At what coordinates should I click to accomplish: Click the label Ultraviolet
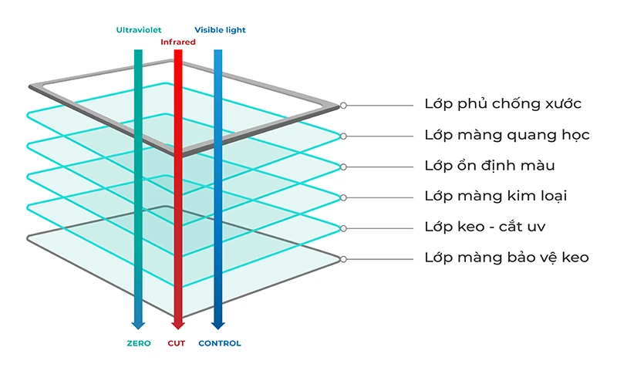[x=138, y=30]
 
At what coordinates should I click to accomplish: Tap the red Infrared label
[x=177, y=42]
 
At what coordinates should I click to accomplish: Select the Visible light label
[x=220, y=30]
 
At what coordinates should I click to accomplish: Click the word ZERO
[x=139, y=343]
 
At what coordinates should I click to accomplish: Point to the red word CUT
[x=177, y=343]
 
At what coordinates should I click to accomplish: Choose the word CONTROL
[x=220, y=343]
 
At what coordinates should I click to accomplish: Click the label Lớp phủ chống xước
[x=503, y=104]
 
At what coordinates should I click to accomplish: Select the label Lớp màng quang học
[x=507, y=136]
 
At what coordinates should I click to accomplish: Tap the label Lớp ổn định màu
[x=490, y=166]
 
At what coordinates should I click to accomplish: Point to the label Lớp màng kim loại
[x=496, y=197]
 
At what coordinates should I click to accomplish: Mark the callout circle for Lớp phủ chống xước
[x=343, y=105]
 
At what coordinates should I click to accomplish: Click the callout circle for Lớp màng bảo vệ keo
[x=343, y=259]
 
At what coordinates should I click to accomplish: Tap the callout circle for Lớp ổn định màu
[x=343, y=167]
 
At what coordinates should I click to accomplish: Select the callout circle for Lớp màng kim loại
[x=343, y=197]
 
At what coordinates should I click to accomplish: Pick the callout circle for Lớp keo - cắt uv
[x=343, y=228]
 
